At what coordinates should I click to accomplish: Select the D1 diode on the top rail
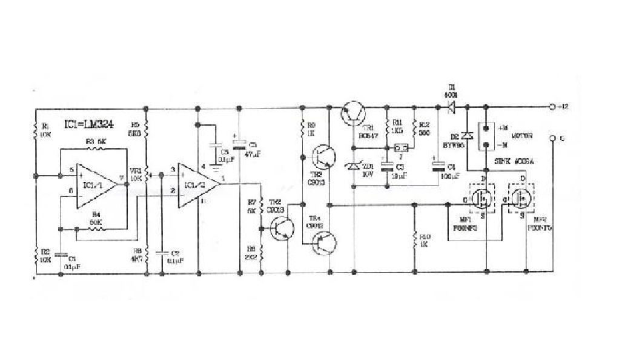(x=451, y=108)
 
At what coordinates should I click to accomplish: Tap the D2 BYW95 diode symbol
(x=467, y=136)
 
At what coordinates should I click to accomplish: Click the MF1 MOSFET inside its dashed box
(x=482, y=197)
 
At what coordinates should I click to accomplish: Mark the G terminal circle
(x=552, y=139)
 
